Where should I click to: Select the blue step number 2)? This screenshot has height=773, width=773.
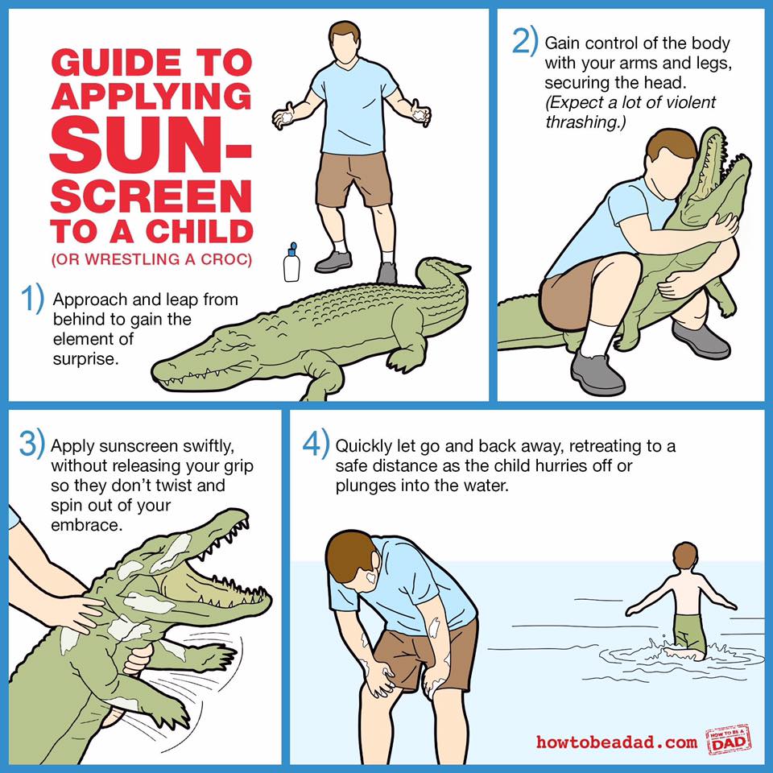(524, 41)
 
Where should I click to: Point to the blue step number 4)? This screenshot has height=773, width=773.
(316, 443)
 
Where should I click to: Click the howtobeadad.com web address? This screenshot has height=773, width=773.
(617, 742)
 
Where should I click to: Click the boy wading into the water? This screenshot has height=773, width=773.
(682, 601)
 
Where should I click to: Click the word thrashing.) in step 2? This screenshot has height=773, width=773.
(585, 122)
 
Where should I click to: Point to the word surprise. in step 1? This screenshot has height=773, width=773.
(86, 359)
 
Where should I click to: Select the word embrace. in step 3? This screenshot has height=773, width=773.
(86, 525)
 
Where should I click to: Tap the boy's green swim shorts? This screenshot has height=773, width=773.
(688, 634)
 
